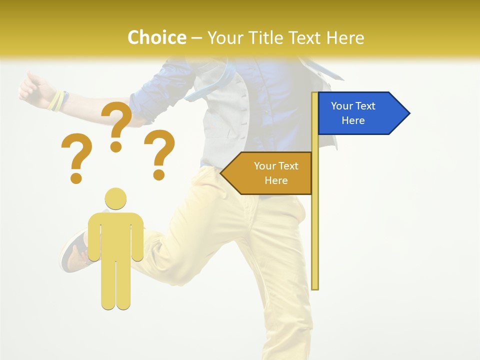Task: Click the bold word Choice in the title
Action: [156, 37]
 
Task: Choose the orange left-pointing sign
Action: [270, 173]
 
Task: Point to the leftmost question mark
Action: [76, 152]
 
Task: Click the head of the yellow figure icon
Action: [115, 198]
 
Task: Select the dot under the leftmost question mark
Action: [76, 177]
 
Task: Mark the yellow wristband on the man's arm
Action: [56, 101]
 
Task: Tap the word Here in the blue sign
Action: [353, 120]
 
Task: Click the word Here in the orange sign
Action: [276, 180]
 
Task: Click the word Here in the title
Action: [345, 37]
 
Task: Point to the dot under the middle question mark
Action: [116, 146]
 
